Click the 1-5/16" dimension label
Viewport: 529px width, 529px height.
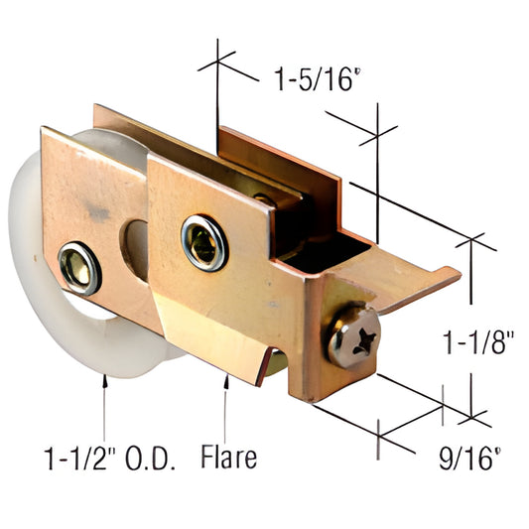[310, 79]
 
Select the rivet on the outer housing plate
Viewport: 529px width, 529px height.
[203, 241]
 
